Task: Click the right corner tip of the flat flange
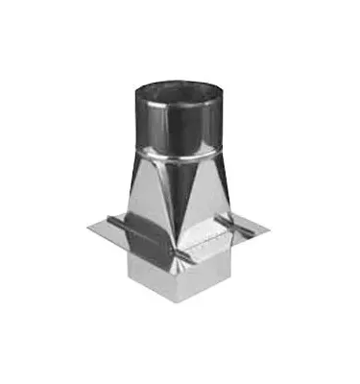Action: pos(270,228)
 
